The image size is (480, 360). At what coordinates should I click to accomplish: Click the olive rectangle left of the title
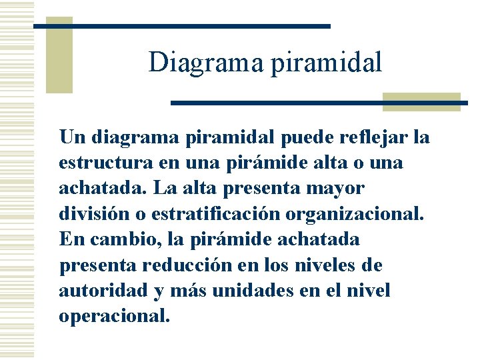tap(59, 55)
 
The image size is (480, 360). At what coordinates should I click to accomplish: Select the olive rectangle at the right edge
tap(421, 101)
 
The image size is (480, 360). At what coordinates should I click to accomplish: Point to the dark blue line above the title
tap(181, 26)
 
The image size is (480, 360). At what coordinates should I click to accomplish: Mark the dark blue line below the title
tap(319, 103)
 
